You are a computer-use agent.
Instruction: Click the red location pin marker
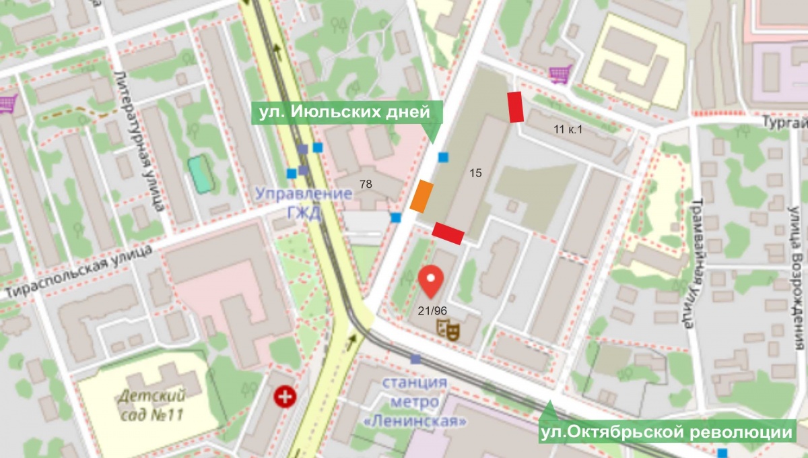coord(431,280)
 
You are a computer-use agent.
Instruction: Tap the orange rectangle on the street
coord(422,197)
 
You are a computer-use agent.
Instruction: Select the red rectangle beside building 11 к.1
coord(516,107)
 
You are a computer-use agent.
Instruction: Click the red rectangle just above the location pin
coord(448,233)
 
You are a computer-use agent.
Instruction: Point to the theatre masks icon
coord(448,329)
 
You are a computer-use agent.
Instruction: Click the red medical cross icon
coord(283,396)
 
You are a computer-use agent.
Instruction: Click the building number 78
coord(366,183)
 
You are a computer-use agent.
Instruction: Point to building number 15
coord(475,173)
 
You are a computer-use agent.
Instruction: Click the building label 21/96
coord(432,310)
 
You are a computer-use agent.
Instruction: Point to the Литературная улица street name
coord(143,141)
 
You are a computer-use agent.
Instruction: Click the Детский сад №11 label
coord(151,403)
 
